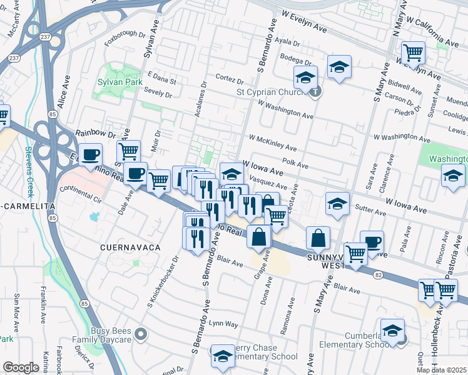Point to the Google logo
click(x=21, y=367)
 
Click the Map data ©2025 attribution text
click(x=442, y=370)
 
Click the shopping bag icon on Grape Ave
click(x=259, y=237)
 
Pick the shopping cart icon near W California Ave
click(x=413, y=53)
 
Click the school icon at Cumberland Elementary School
click(x=392, y=330)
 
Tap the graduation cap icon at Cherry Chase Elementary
click(x=221, y=356)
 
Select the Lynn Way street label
click(x=223, y=324)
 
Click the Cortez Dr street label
click(x=229, y=81)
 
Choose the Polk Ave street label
click(x=295, y=163)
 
